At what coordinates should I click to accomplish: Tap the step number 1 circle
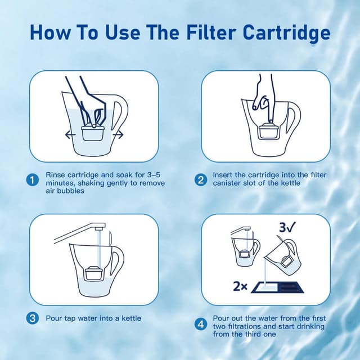click(33, 180)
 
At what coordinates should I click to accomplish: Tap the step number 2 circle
click(200, 180)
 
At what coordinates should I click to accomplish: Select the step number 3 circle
click(33, 318)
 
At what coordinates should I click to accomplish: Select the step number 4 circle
click(200, 324)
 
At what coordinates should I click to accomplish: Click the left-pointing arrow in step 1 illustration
click(69, 134)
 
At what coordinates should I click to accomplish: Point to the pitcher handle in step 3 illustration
click(116, 264)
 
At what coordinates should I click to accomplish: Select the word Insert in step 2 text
click(223, 175)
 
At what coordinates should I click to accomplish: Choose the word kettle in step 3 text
click(129, 318)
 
